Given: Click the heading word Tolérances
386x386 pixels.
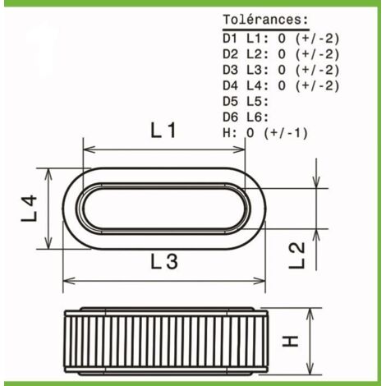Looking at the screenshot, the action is [x=266, y=20].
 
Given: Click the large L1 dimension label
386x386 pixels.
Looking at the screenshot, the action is [x=163, y=130].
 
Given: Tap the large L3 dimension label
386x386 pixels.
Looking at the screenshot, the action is [x=164, y=261].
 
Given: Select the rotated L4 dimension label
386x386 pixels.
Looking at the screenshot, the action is [x=29, y=208].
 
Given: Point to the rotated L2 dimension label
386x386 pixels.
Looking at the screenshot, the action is [x=297, y=255].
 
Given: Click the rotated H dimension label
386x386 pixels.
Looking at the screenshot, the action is [x=290, y=341].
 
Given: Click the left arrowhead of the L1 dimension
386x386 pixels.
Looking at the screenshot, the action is [x=89, y=149].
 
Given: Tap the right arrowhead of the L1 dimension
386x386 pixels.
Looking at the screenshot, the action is [x=239, y=149].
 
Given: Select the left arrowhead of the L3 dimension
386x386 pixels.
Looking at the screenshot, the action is [x=69, y=281].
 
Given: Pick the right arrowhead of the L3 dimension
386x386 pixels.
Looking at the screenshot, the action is [x=259, y=281].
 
